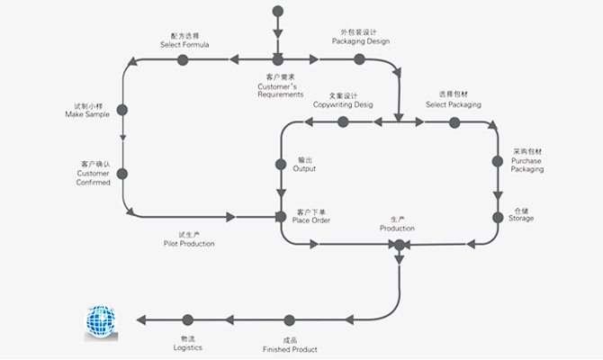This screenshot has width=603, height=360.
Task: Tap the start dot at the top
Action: point(277,12)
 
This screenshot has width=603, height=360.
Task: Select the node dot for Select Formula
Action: point(183,59)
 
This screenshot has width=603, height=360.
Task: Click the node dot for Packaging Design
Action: point(359,59)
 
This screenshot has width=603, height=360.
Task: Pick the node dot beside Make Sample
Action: point(121,110)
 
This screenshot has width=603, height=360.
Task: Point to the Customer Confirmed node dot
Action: point(121,174)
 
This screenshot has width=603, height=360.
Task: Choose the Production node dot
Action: point(400,244)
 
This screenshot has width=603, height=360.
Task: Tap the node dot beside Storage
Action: point(497,217)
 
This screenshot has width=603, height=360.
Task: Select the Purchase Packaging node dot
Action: point(497,162)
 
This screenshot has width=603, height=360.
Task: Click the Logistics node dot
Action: point(187,319)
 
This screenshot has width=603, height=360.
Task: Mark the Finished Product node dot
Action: point(289,319)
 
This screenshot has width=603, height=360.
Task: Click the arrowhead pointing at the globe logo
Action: point(140,319)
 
